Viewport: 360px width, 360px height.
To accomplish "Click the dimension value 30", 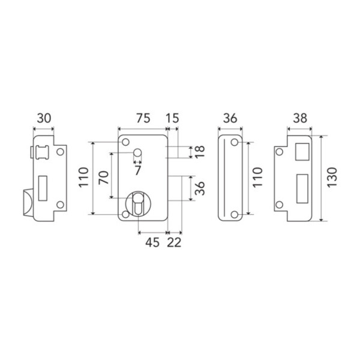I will [x=43, y=119].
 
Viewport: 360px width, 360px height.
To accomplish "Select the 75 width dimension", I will [x=141, y=119].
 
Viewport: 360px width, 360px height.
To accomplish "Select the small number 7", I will [x=138, y=170].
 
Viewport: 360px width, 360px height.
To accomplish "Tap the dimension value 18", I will [x=200, y=152].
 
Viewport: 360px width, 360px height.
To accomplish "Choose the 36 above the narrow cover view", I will [x=230, y=119].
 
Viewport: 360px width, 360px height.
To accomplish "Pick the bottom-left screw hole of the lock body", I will [x=125, y=213].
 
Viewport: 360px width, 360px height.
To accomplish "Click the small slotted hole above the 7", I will [x=138, y=155].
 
